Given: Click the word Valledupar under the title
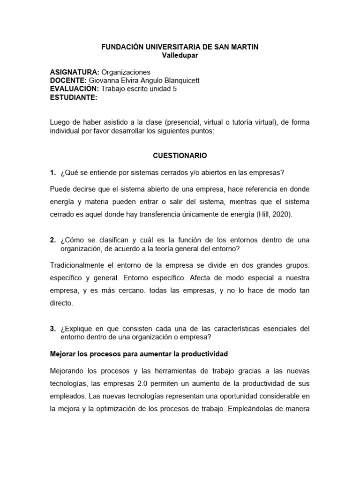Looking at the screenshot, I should (x=180, y=55).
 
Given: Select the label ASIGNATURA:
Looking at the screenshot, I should (x=75, y=72).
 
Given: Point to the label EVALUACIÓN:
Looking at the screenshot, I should (x=75, y=89).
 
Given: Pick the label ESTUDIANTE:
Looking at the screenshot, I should (x=74, y=97).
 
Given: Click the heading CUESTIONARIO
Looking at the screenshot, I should (x=180, y=155).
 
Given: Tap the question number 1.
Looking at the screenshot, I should (x=52, y=172).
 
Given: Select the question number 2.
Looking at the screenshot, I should (x=52, y=240).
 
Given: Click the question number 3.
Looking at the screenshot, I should (x=52, y=329).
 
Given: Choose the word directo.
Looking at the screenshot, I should (x=61, y=303).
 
